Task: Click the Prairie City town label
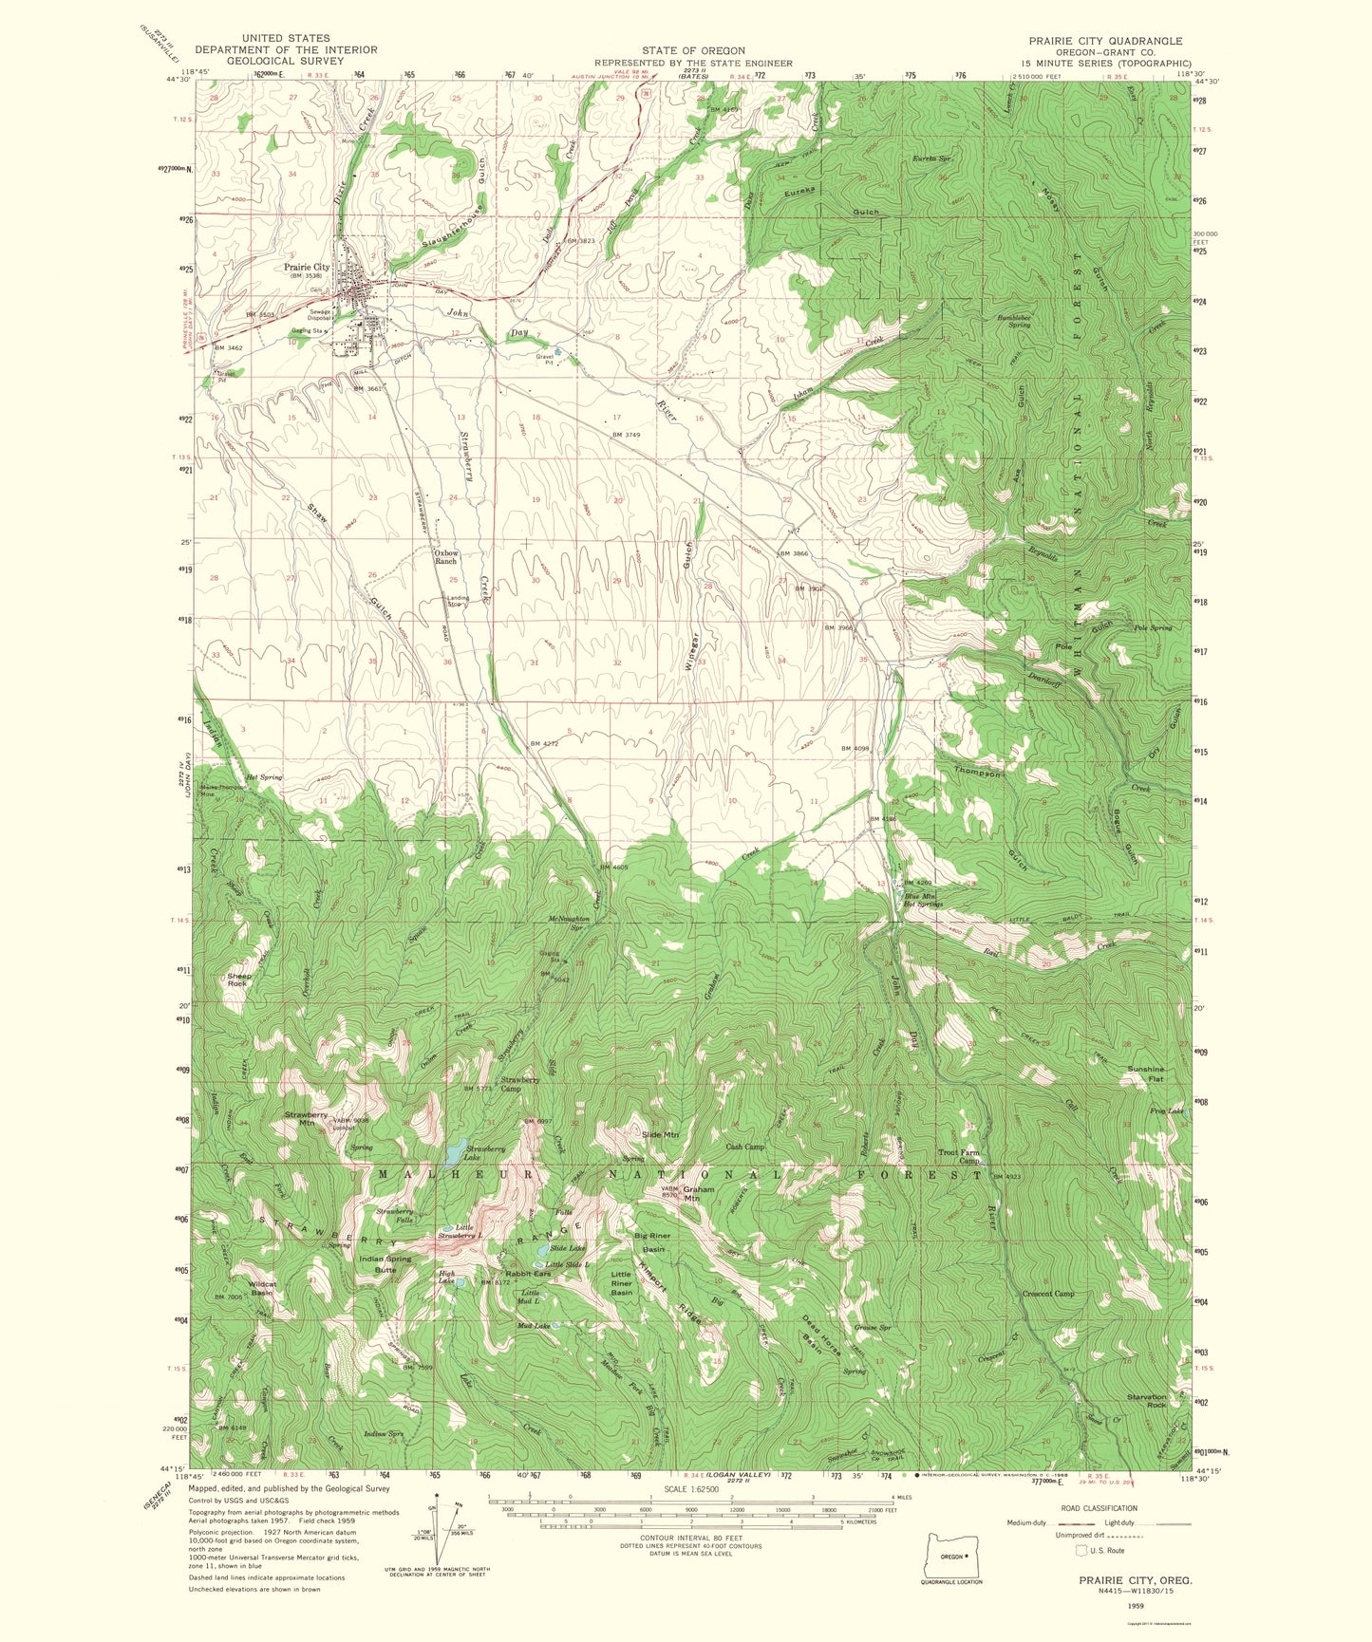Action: (x=307, y=268)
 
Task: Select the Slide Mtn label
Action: (x=660, y=1135)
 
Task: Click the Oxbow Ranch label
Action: (x=445, y=557)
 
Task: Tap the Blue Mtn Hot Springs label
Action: (x=923, y=900)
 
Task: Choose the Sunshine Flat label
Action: (x=1145, y=1074)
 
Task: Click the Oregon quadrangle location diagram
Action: (x=950, y=1558)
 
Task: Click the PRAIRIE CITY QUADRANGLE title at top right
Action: (x=1106, y=41)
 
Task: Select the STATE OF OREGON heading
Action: (x=692, y=50)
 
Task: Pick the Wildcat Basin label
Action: (x=262, y=1289)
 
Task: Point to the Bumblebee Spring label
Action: (x=1013, y=321)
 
